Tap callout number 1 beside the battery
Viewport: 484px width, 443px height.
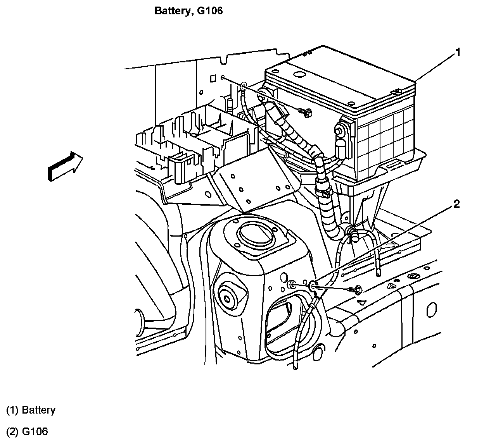tap(458, 53)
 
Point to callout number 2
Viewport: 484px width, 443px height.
tap(456, 204)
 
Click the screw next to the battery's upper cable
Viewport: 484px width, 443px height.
tap(305, 111)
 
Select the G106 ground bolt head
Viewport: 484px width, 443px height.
tap(358, 289)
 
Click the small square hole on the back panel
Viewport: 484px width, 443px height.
tap(213, 79)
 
